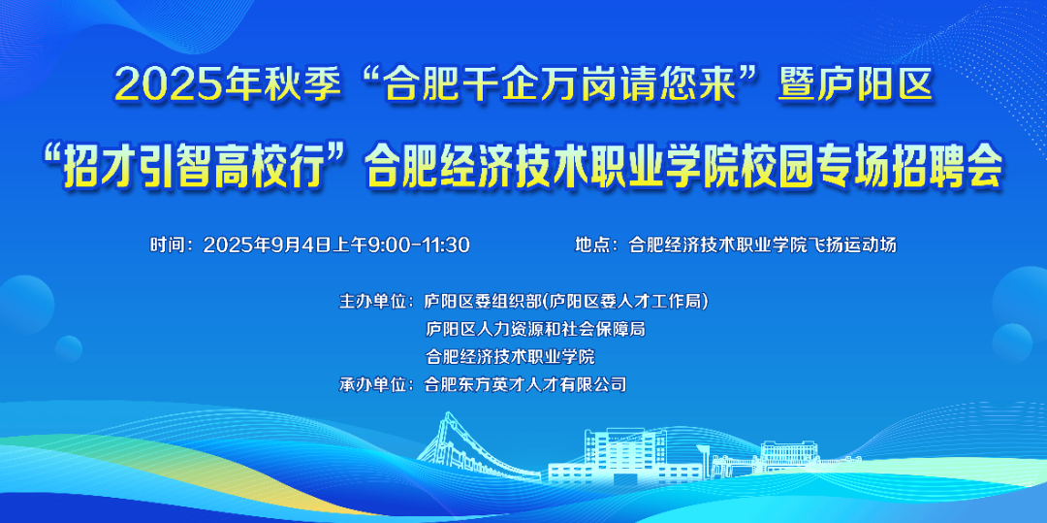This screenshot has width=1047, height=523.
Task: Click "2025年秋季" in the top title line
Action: pyautogui.click(x=224, y=86)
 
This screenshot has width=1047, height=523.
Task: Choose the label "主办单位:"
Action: pyautogui.click(x=377, y=302)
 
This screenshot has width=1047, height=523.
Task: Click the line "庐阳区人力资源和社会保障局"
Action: pyautogui.click(x=535, y=329)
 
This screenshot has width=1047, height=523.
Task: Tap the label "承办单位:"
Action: pyautogui.click(x=377, y=385)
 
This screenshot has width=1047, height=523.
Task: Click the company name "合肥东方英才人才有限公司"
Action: pyautogui.click(x=526, y=385)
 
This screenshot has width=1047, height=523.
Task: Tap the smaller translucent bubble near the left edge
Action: pyautogui.click(x=68, y=348)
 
